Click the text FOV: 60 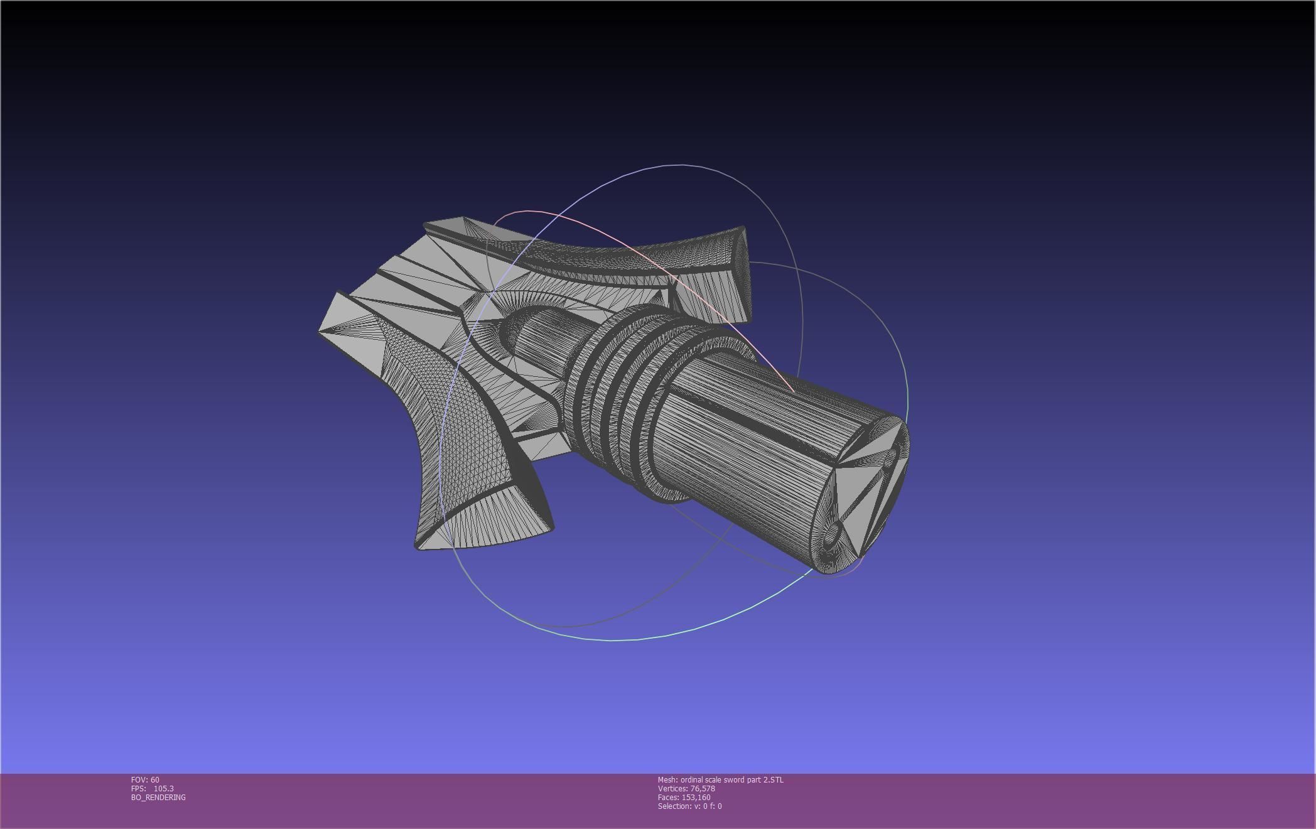pos(145,780)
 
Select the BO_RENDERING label pos(158,798)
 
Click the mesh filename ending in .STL pos(732,780)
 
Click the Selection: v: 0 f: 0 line pos(689,806)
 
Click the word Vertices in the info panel pos(671,789)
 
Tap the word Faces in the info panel pos(668,798)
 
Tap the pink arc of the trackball pos(628,245)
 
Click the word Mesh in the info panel pos(667,780)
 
